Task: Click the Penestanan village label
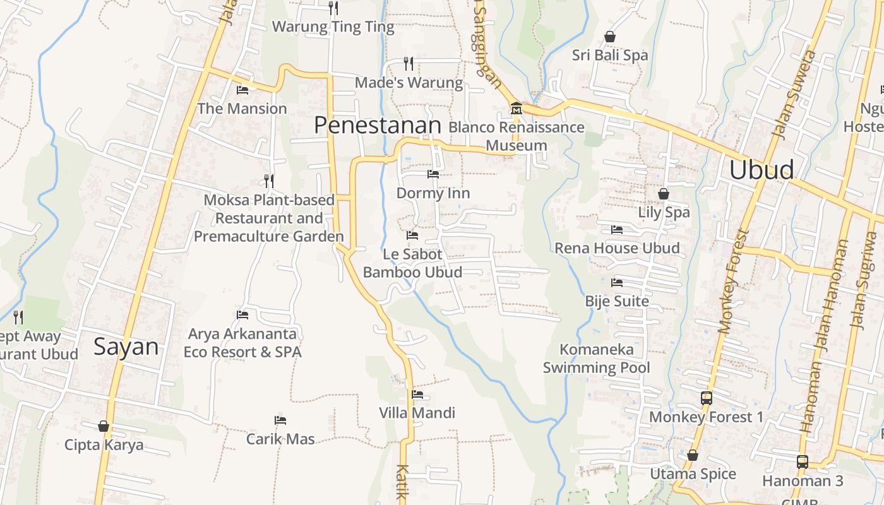pos(377,125)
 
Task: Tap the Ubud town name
pos(762,170)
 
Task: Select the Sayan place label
pos(126,347)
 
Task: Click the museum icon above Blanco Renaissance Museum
pos(517,109)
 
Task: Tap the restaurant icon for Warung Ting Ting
pos(333,8)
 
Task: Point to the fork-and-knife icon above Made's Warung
pos(409,63)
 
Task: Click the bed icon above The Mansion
pos(242,90)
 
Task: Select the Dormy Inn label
pos(433,193)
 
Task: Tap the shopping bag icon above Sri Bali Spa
pos(610,37)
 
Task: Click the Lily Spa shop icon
pos(664,194)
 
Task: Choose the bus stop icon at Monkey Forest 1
pos(707,398)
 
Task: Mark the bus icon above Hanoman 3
pos(802,461)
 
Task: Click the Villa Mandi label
pos(417,413)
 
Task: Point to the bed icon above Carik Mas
pos(280,420)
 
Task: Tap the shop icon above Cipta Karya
pos(104,427)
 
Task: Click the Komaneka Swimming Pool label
pos(596,358)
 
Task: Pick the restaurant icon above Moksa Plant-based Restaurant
pos(269,181)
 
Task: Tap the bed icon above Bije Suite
pos(617,282)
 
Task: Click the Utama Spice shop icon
pos(693,455)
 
